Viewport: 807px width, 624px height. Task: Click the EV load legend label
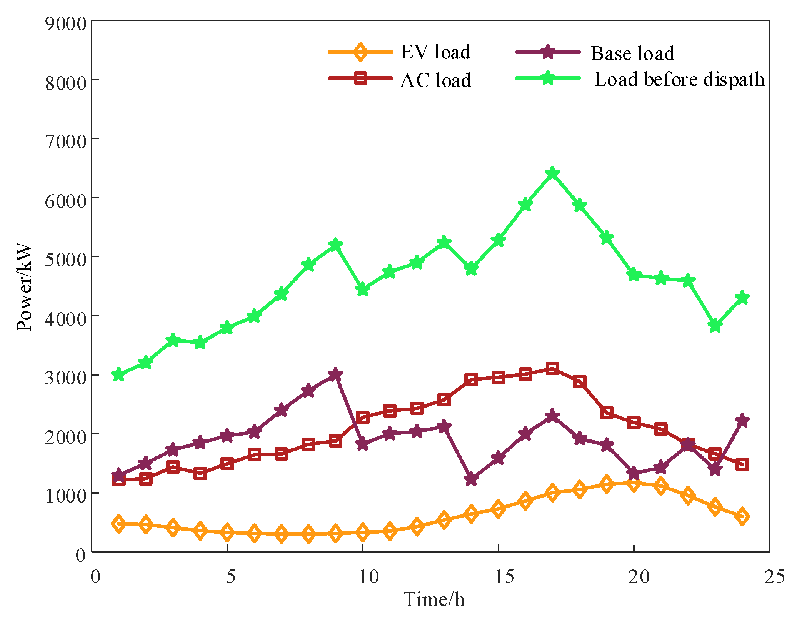tap(435, 52)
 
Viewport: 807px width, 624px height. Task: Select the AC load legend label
tap(435, 80)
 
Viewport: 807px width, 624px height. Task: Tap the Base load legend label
tap(632, 53)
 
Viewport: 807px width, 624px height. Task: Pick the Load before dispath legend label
tap(679, 80)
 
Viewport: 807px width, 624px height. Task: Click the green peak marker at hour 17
tap(552, 173)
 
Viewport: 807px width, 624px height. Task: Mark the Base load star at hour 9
tap(335, 374)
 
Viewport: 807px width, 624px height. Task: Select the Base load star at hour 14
tap(471, 479)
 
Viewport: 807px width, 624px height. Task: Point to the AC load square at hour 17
tap(552, 369)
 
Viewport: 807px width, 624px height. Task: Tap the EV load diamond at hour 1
tap(119, 524)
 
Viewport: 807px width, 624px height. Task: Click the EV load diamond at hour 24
tap(742, 516)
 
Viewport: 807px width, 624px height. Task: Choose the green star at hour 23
tap(715, 326)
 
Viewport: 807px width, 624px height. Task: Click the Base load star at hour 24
tap(742, 420)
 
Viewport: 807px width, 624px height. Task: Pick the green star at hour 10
tap(362, 289)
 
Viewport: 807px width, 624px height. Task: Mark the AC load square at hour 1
tap(119, 479)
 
